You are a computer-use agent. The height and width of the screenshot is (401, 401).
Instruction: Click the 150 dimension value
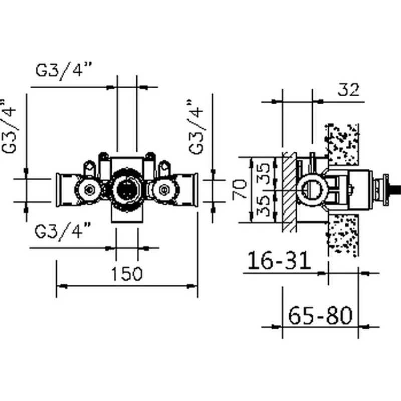(x=126, y=274)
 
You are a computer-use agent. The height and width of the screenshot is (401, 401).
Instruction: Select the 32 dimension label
(x=349, y=90)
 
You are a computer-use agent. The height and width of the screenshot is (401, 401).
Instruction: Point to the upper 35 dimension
(x=267, y=173)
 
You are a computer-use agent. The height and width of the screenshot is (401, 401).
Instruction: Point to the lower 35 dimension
(x=267, y=206)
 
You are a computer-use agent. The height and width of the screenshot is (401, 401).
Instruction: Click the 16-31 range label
(x=279, y=261)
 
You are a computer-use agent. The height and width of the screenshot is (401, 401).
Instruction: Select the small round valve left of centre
(x=91, y=189)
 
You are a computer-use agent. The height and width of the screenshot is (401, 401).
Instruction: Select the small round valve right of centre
(x=163, y=189)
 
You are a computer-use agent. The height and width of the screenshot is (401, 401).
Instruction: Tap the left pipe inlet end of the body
(x=59, y=189)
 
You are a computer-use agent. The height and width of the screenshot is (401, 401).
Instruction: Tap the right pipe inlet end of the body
(x=194, y=189)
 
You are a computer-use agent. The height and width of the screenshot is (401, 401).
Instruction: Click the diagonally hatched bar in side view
(x=288, y=190)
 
